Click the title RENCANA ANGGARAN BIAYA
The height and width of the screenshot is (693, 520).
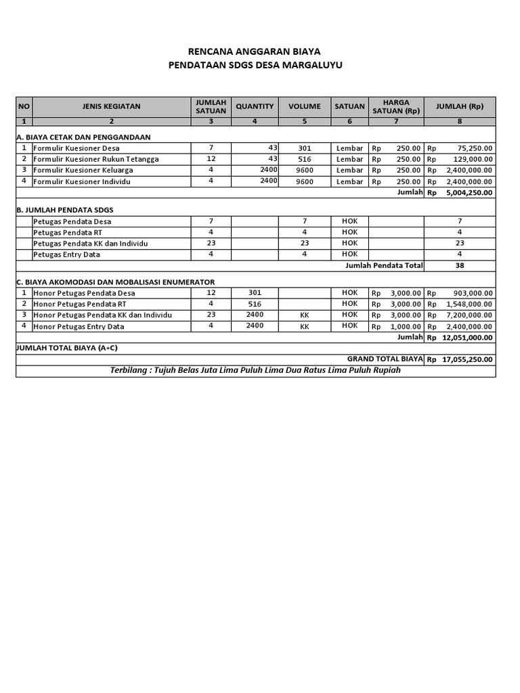(255, 51)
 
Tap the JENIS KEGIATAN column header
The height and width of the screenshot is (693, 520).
(111, 106)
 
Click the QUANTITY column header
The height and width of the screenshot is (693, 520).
(255, 106)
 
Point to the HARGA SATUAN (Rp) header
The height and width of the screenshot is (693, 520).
(396, 106)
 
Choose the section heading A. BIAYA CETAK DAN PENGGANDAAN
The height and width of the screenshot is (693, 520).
(83, 137)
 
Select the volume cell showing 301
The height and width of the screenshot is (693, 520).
(304, 148)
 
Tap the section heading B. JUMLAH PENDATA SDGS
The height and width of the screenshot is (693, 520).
(64, 210)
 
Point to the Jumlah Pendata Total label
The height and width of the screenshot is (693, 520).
(383, 265)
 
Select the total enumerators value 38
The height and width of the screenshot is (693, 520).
(460, 266)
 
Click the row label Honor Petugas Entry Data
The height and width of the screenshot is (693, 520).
(79, 326)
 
